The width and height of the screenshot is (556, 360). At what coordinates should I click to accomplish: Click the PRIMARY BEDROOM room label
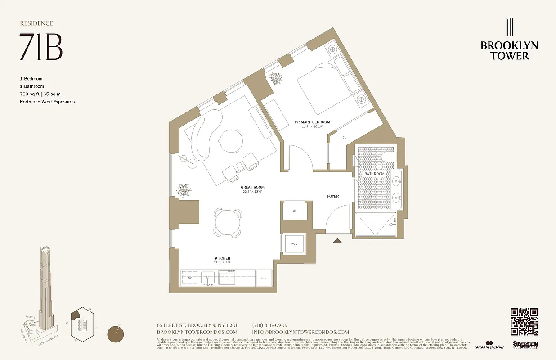(x=312, y=122)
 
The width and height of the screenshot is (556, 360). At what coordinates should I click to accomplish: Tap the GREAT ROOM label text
(x=252, y=187)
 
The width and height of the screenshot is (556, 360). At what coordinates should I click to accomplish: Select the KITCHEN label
(x=223, y=258)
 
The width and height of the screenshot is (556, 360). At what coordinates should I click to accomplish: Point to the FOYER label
(x=333, y=196)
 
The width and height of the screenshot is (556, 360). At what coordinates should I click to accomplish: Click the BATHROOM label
(x=375, y=174)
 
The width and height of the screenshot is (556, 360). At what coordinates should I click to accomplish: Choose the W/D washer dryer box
(x=294, y=243)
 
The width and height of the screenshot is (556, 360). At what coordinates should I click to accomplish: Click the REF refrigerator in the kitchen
(x=264, y=278)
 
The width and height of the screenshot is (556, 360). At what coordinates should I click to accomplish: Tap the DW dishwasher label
(x=189, y=278)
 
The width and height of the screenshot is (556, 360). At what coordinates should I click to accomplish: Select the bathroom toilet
(x=387, y=157)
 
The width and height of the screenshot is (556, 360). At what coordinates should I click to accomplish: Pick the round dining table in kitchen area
(x=227, y=222)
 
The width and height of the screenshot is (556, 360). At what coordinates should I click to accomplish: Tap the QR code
(x=524, y=321)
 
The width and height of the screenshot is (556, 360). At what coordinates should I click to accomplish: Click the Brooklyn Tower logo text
(x=509, y=50)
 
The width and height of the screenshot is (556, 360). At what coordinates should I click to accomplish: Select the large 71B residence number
(x=40, y=46)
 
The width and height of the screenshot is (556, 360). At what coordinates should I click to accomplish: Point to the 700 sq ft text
(x=31, y=94)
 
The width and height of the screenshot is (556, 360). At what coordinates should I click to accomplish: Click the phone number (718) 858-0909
(x=270, y=325)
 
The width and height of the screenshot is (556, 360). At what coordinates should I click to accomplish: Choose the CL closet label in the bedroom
(x=344, y=137)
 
